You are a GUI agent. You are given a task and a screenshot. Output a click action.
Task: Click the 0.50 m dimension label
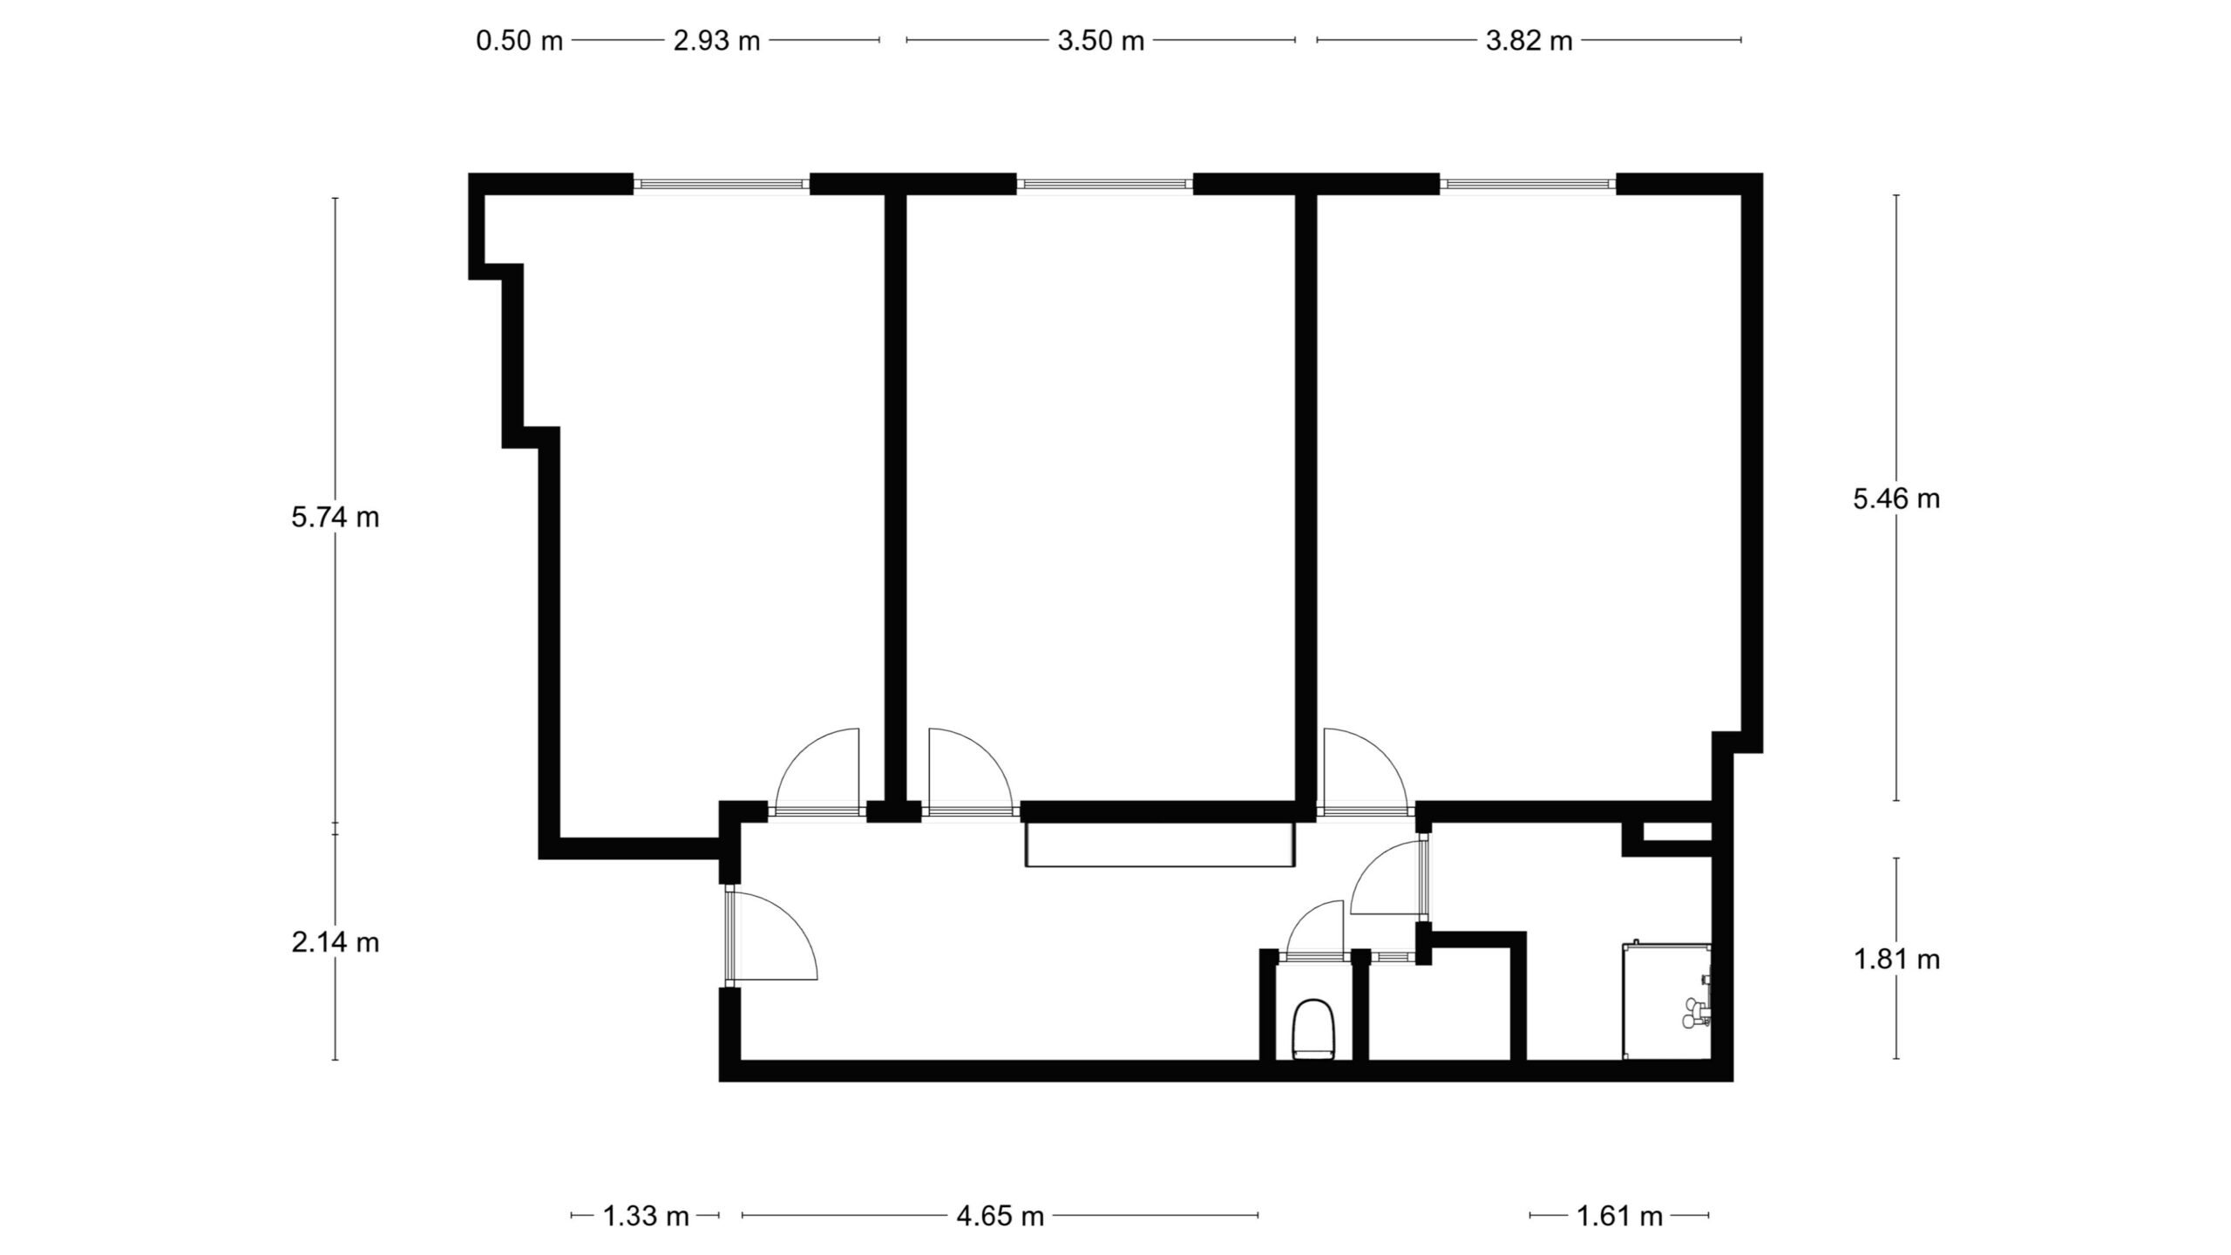(519, 41)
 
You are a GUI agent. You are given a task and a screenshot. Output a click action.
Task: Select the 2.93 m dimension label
(716, 41)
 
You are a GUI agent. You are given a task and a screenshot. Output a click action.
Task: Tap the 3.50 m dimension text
(1101, 41)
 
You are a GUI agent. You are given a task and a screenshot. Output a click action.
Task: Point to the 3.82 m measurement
(1529, 41)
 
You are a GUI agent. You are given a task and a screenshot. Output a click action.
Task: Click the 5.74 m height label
(336, 518)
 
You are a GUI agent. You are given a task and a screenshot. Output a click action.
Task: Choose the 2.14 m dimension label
(336, 942)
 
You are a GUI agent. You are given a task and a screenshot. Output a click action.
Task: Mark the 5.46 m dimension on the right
(1896, 499)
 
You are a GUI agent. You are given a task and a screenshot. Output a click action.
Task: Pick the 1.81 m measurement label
(1896, 960)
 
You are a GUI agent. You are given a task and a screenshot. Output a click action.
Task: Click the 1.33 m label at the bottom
(647, 1216)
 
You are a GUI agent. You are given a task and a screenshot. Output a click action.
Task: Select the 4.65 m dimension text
(1000, 1216)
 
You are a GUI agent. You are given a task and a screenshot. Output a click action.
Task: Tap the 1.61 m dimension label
(1620, 1216)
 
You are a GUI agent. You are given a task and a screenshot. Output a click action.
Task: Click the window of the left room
(722, 184)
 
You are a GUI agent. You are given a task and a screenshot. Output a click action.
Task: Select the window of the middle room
(1104, 184)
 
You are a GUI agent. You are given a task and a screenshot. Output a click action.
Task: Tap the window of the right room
(1528, 184)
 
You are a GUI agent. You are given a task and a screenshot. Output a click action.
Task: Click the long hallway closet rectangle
(1160, 845)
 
